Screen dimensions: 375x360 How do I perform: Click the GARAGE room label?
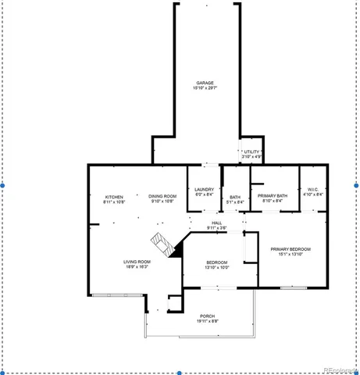click(x=205, y=83)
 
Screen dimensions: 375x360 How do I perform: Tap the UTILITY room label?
click(x=251, y=152)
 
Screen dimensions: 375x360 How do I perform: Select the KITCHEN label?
click(x=115, y=196)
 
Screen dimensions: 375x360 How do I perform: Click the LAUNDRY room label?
click(x=205, y=189)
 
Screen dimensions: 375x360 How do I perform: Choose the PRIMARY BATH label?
click(x=273, y=196)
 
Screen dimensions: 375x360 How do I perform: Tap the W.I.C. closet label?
click(x=312, y=189)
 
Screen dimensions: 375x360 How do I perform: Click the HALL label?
click(x=217, y=223)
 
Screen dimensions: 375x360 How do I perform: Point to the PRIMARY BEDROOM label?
click(x=290, y=249)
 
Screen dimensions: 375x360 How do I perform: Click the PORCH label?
click(x=207, y=316)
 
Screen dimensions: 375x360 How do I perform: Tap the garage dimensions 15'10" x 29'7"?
click(x=205, y=88)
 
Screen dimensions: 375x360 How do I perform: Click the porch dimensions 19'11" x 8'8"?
click(x=207, y=321)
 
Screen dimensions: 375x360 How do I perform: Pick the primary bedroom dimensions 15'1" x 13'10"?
click(x=290, y=255)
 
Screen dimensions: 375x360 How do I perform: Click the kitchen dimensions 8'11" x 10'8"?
click(x=115, y=202)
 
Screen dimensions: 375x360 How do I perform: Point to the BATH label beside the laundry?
click(x=235, y=197)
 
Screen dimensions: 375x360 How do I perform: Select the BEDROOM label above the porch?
click(x=216, y=262)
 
